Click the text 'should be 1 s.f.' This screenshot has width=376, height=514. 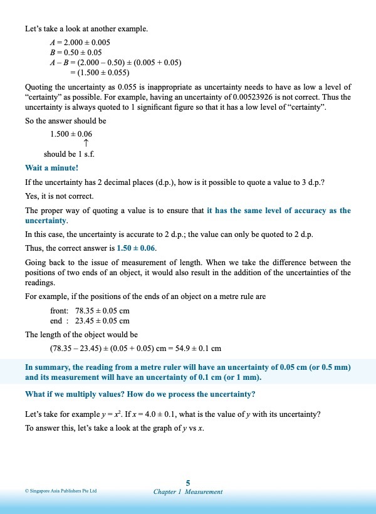[x=69, y=154]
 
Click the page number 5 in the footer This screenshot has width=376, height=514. [x=188, y=482]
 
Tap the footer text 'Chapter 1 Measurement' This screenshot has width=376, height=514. [x=188, y=492]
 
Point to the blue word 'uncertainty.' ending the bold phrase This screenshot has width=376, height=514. [x=46, y=221]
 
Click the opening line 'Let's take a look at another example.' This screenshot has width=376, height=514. [x=86, y=29]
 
